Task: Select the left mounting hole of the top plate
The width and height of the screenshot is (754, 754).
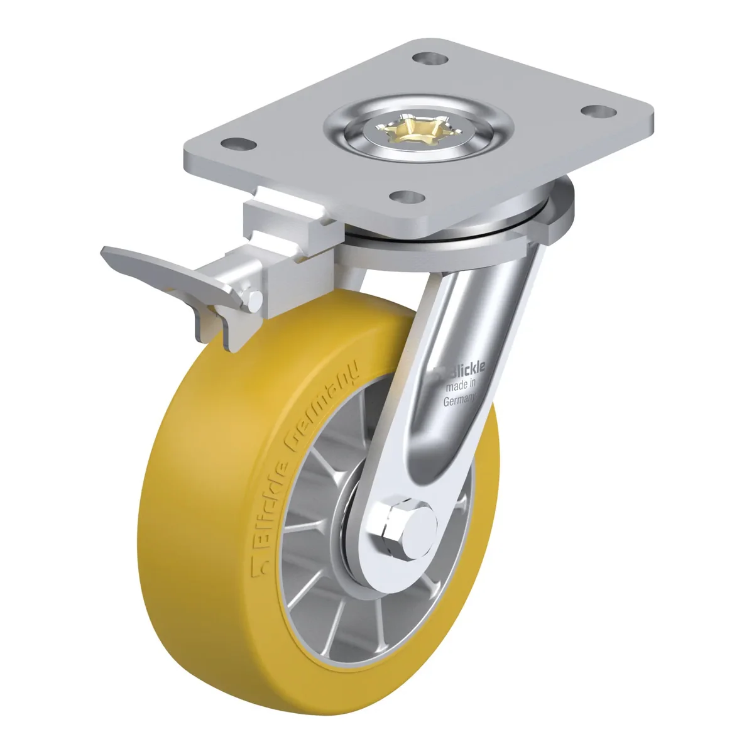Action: coord(239,144)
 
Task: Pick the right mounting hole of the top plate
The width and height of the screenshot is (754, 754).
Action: coord(598,111)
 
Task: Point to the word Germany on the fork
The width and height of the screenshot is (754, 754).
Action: coord(459,400)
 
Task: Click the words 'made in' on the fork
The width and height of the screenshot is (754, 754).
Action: coord(461,386)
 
